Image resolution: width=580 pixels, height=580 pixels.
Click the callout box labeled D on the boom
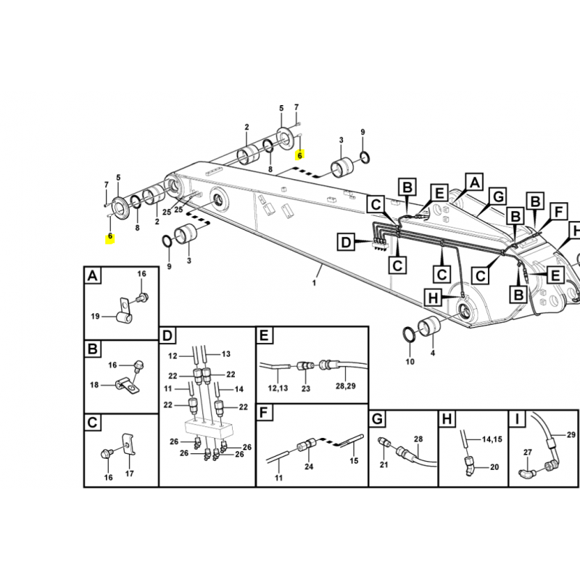(346, 242)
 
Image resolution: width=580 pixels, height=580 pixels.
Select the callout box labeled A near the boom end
(475, 182)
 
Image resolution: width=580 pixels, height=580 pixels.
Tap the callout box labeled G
(498, 196)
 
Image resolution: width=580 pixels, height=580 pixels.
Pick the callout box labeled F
(558, 212)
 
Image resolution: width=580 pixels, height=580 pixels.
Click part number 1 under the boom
(314, 283)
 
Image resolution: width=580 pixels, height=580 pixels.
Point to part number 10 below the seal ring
(410, 361)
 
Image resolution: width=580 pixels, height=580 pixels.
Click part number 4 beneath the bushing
(432, 353)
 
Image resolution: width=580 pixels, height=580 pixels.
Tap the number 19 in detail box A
(95, 316)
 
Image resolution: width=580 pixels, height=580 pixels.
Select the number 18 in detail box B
(94, 385)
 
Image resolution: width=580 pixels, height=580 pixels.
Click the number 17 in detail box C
(129, 473)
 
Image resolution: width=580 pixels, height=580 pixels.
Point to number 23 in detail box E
(305, 389)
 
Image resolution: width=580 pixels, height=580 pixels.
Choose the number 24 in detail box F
(309, 467)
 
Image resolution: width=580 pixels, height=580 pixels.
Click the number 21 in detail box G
(384, 464)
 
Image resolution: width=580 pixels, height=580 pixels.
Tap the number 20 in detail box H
(494, 467)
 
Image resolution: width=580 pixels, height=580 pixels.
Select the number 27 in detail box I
(528, 452)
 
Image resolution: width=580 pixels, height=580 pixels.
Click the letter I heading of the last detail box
(517, 420)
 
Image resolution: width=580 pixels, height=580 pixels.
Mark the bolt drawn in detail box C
(106, 453)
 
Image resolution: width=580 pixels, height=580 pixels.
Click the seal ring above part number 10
(408, 334)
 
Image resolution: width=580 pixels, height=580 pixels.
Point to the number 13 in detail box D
(226, 354)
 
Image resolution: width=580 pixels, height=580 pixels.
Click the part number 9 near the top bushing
(362, 132)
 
